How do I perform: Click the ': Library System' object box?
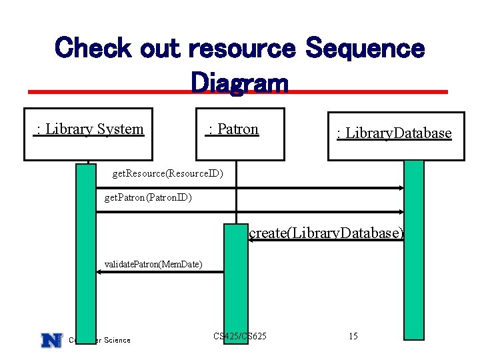tap(89, 134)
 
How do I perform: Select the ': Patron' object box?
tap(233, 134)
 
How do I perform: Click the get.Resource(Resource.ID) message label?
tap(167, 174)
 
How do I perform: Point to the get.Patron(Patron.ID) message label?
tap(149, 198)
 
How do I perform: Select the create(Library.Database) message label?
tap(326, 233)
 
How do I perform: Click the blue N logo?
tap(51, 340)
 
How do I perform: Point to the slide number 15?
tap(353, 336)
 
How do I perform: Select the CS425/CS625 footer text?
tap(240, 336)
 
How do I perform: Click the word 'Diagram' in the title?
tap(239, 83)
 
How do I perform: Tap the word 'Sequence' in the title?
tap(364, 49)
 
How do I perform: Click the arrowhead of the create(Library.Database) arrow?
tap(251, 241)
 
